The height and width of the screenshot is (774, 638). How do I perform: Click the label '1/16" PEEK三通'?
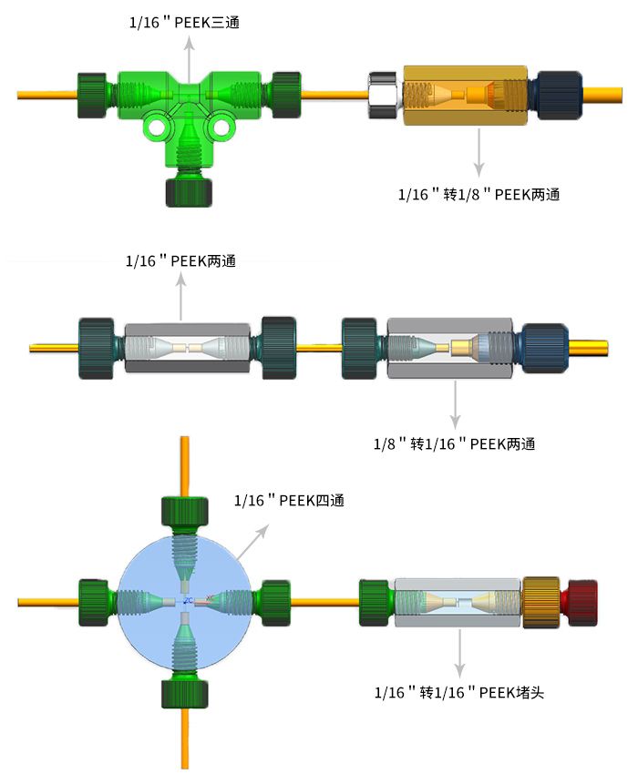[x=184, y=22]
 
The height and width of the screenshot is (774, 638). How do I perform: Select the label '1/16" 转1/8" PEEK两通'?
[x=478, y=194]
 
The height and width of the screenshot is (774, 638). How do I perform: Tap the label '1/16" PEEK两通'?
[x=180, y=260]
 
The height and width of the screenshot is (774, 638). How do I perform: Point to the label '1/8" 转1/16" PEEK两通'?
[x=454, y=443]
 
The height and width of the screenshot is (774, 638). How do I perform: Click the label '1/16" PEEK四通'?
[x=289, y=501]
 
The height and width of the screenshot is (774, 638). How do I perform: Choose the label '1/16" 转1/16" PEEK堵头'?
[x=459, y=692]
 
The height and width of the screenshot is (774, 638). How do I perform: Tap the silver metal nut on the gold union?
[x=384, y=96]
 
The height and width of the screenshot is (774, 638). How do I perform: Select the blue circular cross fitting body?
[x=185, y=603]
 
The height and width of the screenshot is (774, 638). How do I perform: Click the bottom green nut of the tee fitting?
[x=189, y=192]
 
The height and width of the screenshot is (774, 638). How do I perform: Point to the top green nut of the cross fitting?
[x=185, y=512]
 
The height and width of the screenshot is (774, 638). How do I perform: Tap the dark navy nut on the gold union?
[x=558, y=96]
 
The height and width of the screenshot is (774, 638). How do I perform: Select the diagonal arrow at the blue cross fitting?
[x=252, y=542]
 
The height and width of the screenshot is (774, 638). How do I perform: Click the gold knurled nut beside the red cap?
[x=540, y=603]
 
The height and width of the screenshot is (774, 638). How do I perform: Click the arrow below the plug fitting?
[x=460, y=653]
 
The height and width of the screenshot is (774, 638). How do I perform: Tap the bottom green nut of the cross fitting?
[x=185, y=694]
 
